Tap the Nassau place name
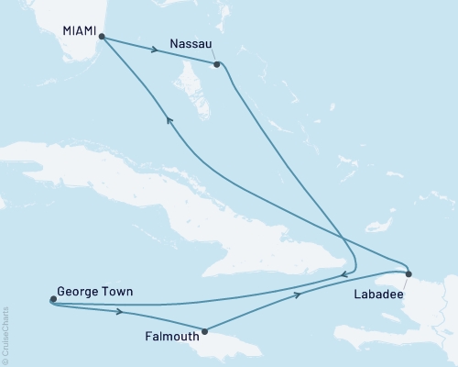[191, 42]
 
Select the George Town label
[94, 293]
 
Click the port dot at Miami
[102, 38]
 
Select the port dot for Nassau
[217, 64]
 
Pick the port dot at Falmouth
[204, 331]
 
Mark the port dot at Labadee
[409, 273]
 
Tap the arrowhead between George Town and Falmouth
[119, 312]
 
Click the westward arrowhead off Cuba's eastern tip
[342, 272]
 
